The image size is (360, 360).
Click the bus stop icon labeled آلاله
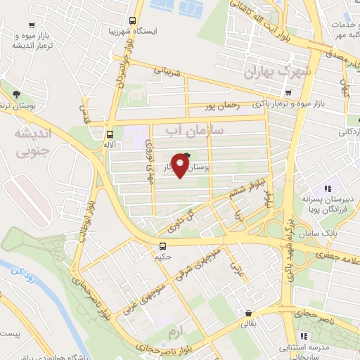click(x=109, y=134)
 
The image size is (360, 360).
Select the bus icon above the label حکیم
click(x=162, y=246)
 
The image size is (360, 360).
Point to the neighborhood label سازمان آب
click(x=195, y=131)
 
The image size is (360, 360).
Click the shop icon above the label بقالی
click(x=248, y=314)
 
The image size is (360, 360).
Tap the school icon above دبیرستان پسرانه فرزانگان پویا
click(x=326, y=188)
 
